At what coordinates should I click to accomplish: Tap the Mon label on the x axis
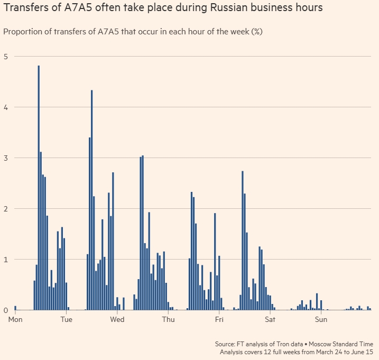coord(15,319)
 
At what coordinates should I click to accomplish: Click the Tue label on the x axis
coord(66,319)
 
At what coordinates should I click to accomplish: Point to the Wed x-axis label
coord(117,319)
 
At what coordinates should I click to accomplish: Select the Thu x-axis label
coord(168,319)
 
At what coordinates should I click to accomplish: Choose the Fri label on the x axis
coord(219,319)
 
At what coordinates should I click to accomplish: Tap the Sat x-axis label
coord(270,319)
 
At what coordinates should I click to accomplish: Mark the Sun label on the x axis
coord(321,319)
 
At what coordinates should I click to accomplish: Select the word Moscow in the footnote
coord(316,344)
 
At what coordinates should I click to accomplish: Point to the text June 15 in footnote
coord(362,352)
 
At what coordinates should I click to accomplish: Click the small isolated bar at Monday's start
coord(15,308)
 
